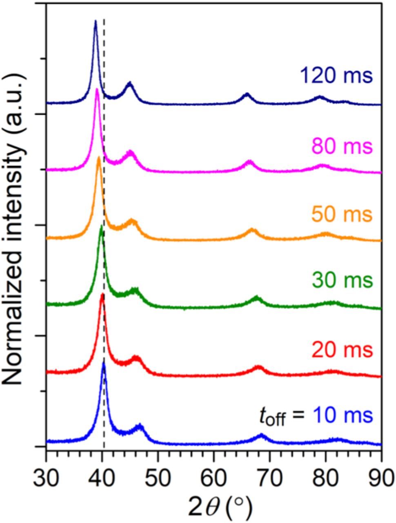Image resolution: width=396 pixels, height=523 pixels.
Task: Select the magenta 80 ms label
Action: pos(342,146)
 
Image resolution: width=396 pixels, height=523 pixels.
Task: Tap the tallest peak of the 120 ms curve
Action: pos(96,21)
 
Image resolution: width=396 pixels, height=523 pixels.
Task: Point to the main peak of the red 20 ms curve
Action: pos(102,295)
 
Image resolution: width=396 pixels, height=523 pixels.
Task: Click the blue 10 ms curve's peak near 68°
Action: pos(262,436)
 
